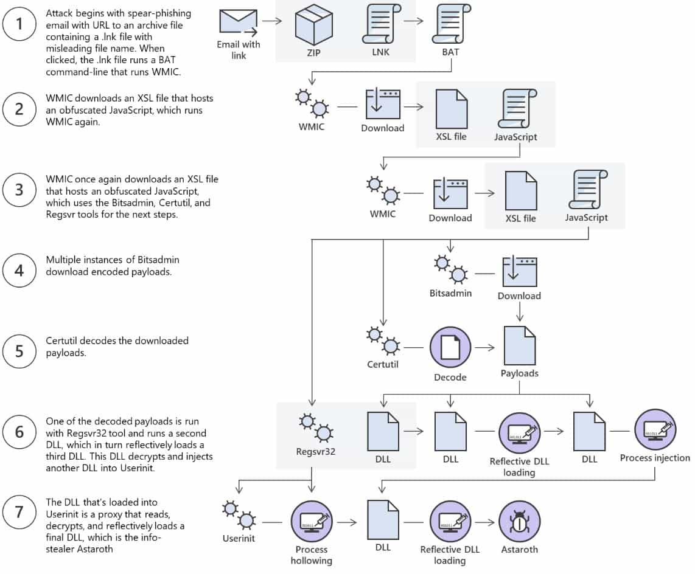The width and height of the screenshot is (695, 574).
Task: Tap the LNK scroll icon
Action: point(381,24)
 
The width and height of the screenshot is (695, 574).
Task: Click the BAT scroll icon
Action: point(451,24)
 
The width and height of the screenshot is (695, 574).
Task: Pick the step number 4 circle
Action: point(19,270)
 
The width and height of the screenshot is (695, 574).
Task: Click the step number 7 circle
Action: point(19,512)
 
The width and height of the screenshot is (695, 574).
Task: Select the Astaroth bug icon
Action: point(520,522)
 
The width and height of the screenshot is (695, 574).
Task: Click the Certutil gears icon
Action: point(383,341)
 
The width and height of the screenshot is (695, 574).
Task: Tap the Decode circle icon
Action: point(450,348)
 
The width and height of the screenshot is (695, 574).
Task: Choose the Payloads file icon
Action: point(520,345)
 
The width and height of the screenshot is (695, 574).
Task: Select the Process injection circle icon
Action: point(655,430)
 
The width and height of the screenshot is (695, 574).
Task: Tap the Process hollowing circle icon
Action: point(312,522)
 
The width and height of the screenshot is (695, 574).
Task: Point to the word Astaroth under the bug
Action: point(520,550)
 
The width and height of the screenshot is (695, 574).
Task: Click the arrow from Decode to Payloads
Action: point(485,348)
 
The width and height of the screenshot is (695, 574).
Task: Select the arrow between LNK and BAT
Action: point(414,21)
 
